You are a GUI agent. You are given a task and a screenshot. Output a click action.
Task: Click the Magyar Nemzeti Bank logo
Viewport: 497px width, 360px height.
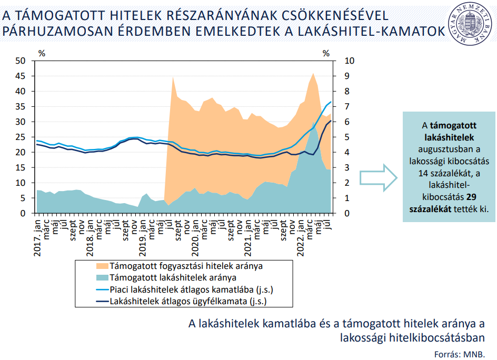472,24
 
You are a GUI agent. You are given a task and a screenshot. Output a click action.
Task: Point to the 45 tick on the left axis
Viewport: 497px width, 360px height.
21,76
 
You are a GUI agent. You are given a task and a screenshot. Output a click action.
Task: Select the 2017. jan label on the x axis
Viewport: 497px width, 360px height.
38,236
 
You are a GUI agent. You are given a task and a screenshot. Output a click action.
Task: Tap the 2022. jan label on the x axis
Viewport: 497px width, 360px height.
301,236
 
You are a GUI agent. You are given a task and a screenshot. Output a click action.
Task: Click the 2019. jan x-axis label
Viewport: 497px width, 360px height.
143,236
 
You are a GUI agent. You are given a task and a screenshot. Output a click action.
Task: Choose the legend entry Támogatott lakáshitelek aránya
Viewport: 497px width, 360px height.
173,278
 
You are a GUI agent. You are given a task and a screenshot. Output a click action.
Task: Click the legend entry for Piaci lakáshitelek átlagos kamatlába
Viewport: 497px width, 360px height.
191,290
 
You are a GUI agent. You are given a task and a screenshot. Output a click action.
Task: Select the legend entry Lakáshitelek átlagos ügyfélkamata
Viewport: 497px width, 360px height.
188,302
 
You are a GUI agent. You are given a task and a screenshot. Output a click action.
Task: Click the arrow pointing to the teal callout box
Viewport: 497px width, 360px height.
379,177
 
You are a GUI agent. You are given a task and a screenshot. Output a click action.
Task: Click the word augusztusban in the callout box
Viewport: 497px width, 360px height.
449,149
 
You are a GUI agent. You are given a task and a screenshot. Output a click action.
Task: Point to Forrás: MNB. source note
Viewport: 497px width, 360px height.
459,353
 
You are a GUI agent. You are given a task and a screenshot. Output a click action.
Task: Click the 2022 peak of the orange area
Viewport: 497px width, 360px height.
314,73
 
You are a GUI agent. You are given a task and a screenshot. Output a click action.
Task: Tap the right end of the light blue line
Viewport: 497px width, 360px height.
331,102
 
